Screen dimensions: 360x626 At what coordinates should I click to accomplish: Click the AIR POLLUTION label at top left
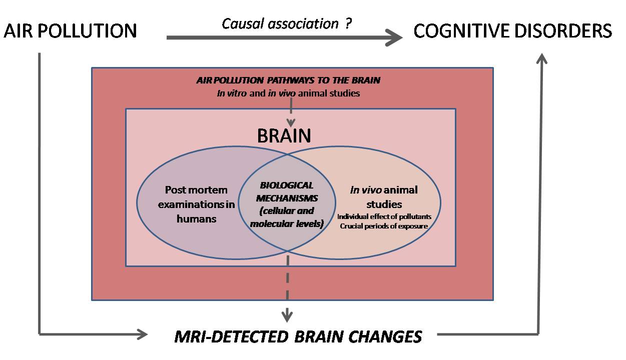70,31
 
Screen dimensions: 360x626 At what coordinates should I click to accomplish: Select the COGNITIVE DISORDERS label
512,31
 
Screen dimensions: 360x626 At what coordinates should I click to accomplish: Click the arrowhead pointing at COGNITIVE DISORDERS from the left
395,37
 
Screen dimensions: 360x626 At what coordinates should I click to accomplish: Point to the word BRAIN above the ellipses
284,136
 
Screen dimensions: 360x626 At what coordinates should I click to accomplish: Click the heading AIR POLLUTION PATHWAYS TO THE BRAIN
288,80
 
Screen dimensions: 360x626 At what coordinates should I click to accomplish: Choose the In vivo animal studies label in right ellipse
384,197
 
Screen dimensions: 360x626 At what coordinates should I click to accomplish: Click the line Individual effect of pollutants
384,216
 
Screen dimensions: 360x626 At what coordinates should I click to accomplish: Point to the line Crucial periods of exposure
384,225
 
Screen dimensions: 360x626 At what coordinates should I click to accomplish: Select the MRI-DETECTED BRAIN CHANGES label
298,336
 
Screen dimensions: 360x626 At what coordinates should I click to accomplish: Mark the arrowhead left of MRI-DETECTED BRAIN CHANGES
143,334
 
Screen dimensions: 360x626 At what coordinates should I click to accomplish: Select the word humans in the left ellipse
197,218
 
